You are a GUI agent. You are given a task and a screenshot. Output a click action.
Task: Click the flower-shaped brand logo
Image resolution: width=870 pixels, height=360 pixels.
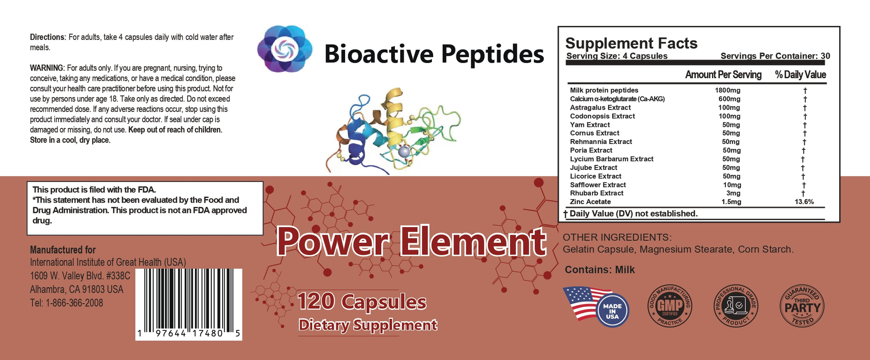click(285, 49)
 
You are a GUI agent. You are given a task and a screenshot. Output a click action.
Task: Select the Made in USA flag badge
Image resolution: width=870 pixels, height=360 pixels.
click(596, 307)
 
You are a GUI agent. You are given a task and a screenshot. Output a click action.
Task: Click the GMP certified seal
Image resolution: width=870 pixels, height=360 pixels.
click(670, 306)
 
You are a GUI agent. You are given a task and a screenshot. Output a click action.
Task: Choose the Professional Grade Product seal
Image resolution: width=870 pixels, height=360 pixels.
click(736, 306)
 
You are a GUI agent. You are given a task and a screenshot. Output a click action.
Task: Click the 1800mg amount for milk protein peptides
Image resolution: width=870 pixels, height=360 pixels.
click(727, 90)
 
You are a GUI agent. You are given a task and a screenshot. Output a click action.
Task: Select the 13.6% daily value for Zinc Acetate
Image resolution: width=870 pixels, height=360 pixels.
click(804, 202)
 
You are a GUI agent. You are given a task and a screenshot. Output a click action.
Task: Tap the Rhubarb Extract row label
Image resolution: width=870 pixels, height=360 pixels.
click(596, 193)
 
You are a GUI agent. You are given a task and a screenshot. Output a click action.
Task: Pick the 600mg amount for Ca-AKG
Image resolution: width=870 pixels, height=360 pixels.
click(729, 99)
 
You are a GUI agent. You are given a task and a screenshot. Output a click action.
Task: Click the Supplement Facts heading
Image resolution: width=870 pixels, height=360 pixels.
click(631, 43)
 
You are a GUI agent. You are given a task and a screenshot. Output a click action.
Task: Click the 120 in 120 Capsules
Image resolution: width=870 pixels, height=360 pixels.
click(316, 301)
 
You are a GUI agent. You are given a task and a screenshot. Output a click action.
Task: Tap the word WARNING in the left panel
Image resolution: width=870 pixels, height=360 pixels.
click(47, 68)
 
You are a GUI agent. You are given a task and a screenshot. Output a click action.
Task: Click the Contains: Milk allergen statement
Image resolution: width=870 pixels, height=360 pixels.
click(600, 270)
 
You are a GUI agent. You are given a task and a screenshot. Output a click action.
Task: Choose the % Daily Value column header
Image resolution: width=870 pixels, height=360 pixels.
click(800, 75)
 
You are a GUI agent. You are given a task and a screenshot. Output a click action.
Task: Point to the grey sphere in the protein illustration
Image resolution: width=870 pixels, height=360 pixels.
click(404, 152)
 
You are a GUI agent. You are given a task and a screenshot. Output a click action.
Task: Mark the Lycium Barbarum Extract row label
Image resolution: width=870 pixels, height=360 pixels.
click(612, 159)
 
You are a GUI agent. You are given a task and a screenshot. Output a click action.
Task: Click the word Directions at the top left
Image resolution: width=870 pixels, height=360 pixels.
click(48, 37)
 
